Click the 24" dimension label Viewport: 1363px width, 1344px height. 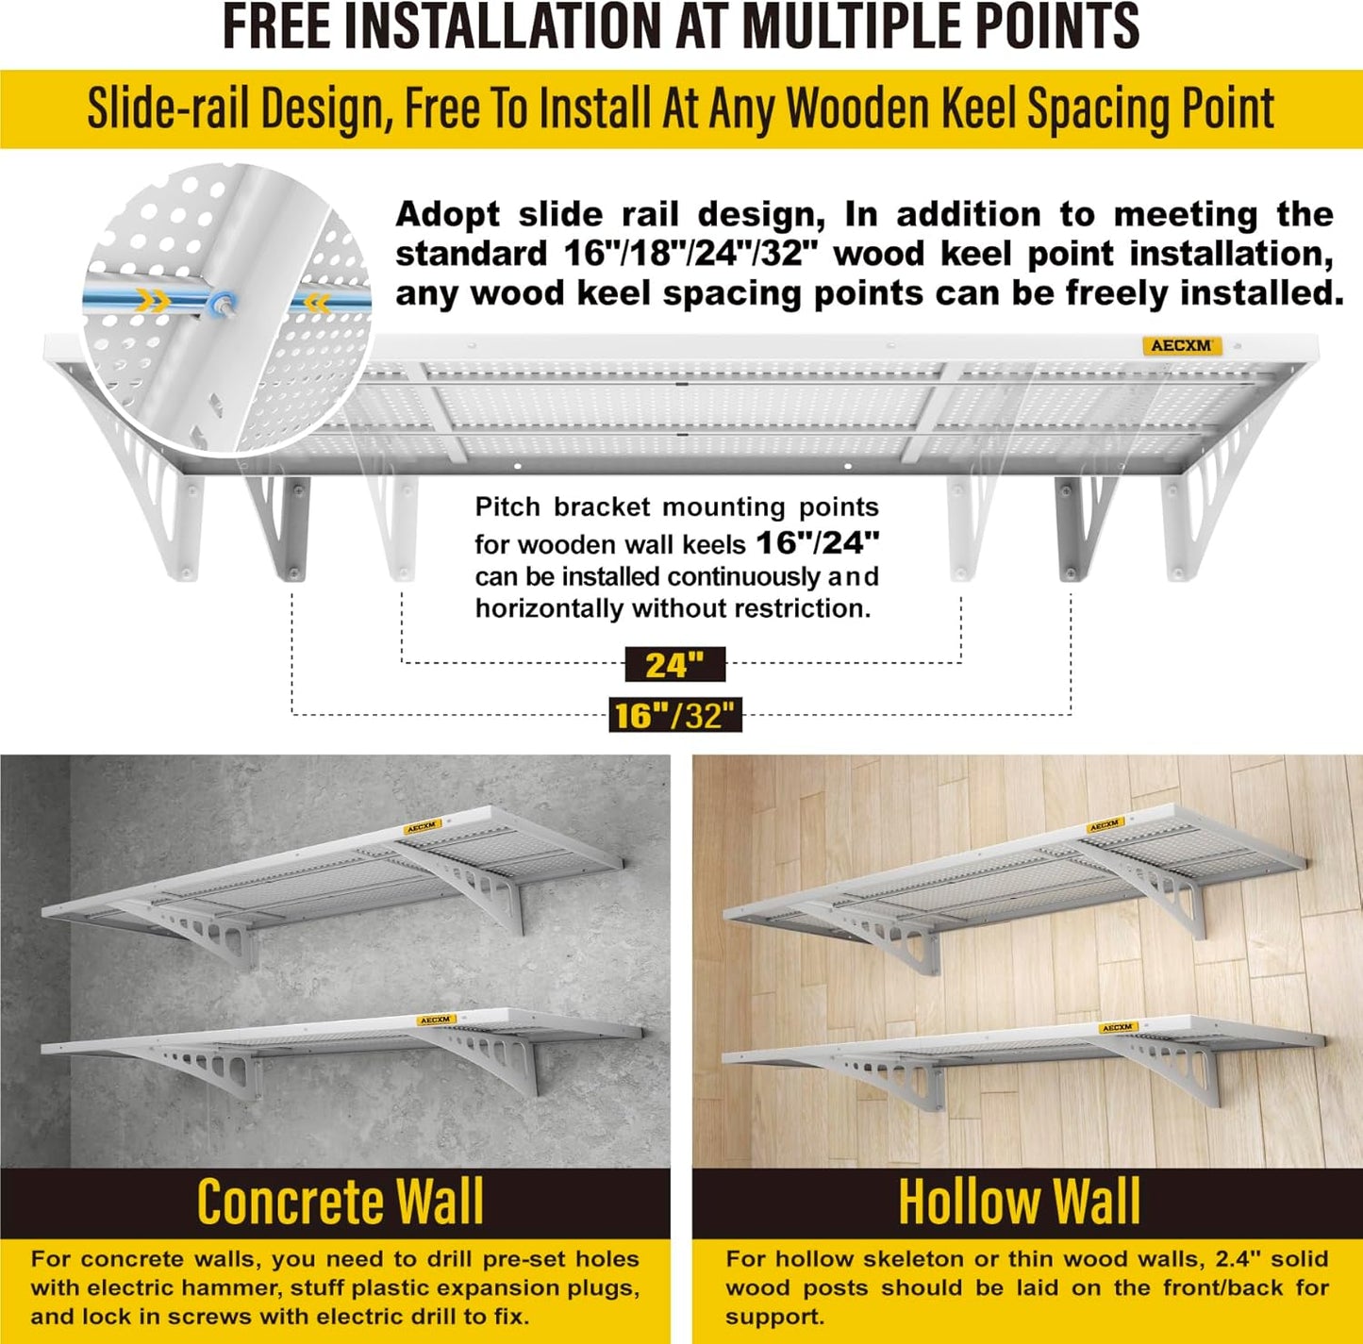pos(674,665)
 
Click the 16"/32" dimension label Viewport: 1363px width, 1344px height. pos(675,716)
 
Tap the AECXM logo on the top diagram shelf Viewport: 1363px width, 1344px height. pos(1181,346)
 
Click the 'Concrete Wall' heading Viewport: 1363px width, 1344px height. pos(340,1203)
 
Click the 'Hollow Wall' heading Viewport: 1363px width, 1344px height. pos(1019,1203)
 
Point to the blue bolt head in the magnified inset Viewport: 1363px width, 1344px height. pos(223,303)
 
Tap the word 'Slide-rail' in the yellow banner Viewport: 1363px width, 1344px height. pos(168,108)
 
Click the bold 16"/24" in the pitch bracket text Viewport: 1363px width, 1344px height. pos(817,542)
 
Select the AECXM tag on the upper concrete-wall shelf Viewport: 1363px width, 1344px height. pos(422,827)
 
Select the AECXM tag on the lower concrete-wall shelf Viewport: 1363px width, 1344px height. pos(436,1020)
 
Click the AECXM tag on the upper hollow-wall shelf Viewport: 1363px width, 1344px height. pos(1105,826)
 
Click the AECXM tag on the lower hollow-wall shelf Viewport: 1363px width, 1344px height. pos(1117,1027)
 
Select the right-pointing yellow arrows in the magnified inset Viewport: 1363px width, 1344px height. pos(156,302)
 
